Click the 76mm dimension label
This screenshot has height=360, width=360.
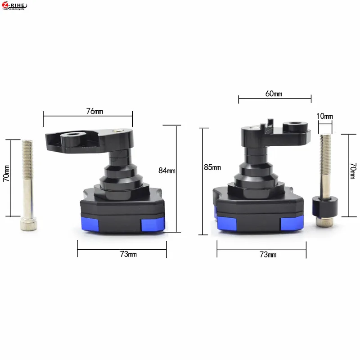tap(94, 111)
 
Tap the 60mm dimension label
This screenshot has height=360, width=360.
tap(274, 94)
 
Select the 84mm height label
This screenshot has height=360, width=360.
tap(167, 171)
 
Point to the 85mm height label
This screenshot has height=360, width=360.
tap(212, 167)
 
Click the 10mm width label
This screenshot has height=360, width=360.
tap(324, 116)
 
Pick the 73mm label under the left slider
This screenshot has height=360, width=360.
tap(128, 254)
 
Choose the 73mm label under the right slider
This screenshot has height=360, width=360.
tap(268, 254)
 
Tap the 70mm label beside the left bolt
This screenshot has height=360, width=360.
tap(6, 173)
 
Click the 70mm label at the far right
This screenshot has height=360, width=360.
tap(353, 171)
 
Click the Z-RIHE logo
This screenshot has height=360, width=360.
tap(14, 6)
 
